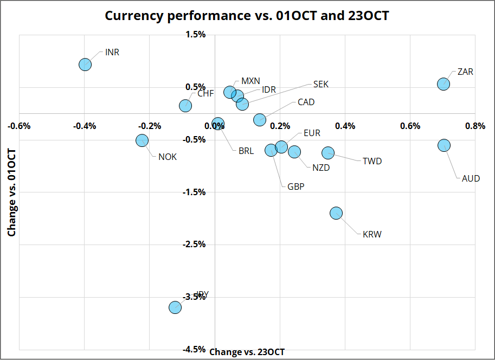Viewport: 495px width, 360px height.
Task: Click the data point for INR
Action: pos(85,65)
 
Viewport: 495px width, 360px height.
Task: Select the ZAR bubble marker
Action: pos(443,83)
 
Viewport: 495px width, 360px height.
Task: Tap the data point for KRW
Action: pos(336,213)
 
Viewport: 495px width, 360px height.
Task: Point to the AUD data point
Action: pos(445,145)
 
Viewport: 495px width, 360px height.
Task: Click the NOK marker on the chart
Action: pos(142,140)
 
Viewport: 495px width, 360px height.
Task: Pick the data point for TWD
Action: pos(328,153)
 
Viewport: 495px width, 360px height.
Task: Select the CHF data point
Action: pos(185,106)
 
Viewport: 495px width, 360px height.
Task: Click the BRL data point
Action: pos(218,124)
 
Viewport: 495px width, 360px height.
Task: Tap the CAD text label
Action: pos(306,102)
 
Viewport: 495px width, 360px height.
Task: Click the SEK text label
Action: pos(321,84)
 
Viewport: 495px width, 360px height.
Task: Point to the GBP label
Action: pos(296,187)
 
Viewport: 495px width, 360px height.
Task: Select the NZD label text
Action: pos(321,168)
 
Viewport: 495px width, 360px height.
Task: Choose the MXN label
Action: pos(250,81)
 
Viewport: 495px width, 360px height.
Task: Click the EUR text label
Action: pos(312,133)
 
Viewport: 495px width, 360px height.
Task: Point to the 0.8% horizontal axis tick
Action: pos(475,126)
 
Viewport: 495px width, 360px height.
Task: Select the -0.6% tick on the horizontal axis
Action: pos(20,126)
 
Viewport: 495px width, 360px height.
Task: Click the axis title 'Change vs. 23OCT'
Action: pos(247,352)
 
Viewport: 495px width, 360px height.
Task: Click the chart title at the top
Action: pos(247,16)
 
